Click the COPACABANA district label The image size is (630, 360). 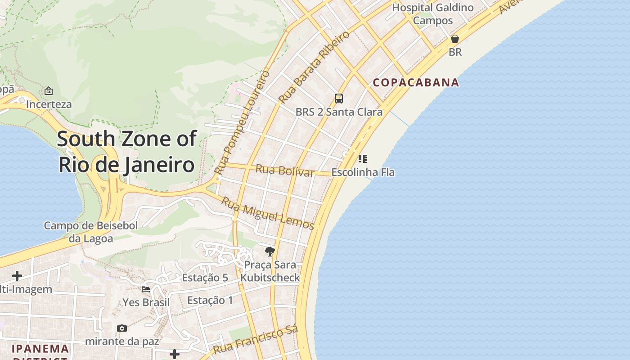416,82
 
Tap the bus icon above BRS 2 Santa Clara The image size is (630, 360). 339,99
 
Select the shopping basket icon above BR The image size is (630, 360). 455,39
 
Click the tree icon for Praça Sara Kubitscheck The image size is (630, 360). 270,252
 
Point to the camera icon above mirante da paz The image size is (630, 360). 122,328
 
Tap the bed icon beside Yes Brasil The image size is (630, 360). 146,289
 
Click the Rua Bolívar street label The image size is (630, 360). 285,171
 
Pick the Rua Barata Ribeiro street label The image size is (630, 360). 314,67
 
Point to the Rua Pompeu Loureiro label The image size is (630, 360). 242,122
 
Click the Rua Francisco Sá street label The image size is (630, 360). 255,340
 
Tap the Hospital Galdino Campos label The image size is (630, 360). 433,14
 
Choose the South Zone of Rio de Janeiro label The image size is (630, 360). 127,152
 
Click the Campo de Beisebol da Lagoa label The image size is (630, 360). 91,232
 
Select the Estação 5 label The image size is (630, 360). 205,278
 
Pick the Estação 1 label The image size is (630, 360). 210,300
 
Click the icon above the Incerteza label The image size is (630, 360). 49,91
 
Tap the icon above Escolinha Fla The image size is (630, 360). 363,158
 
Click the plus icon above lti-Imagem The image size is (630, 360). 17,275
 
